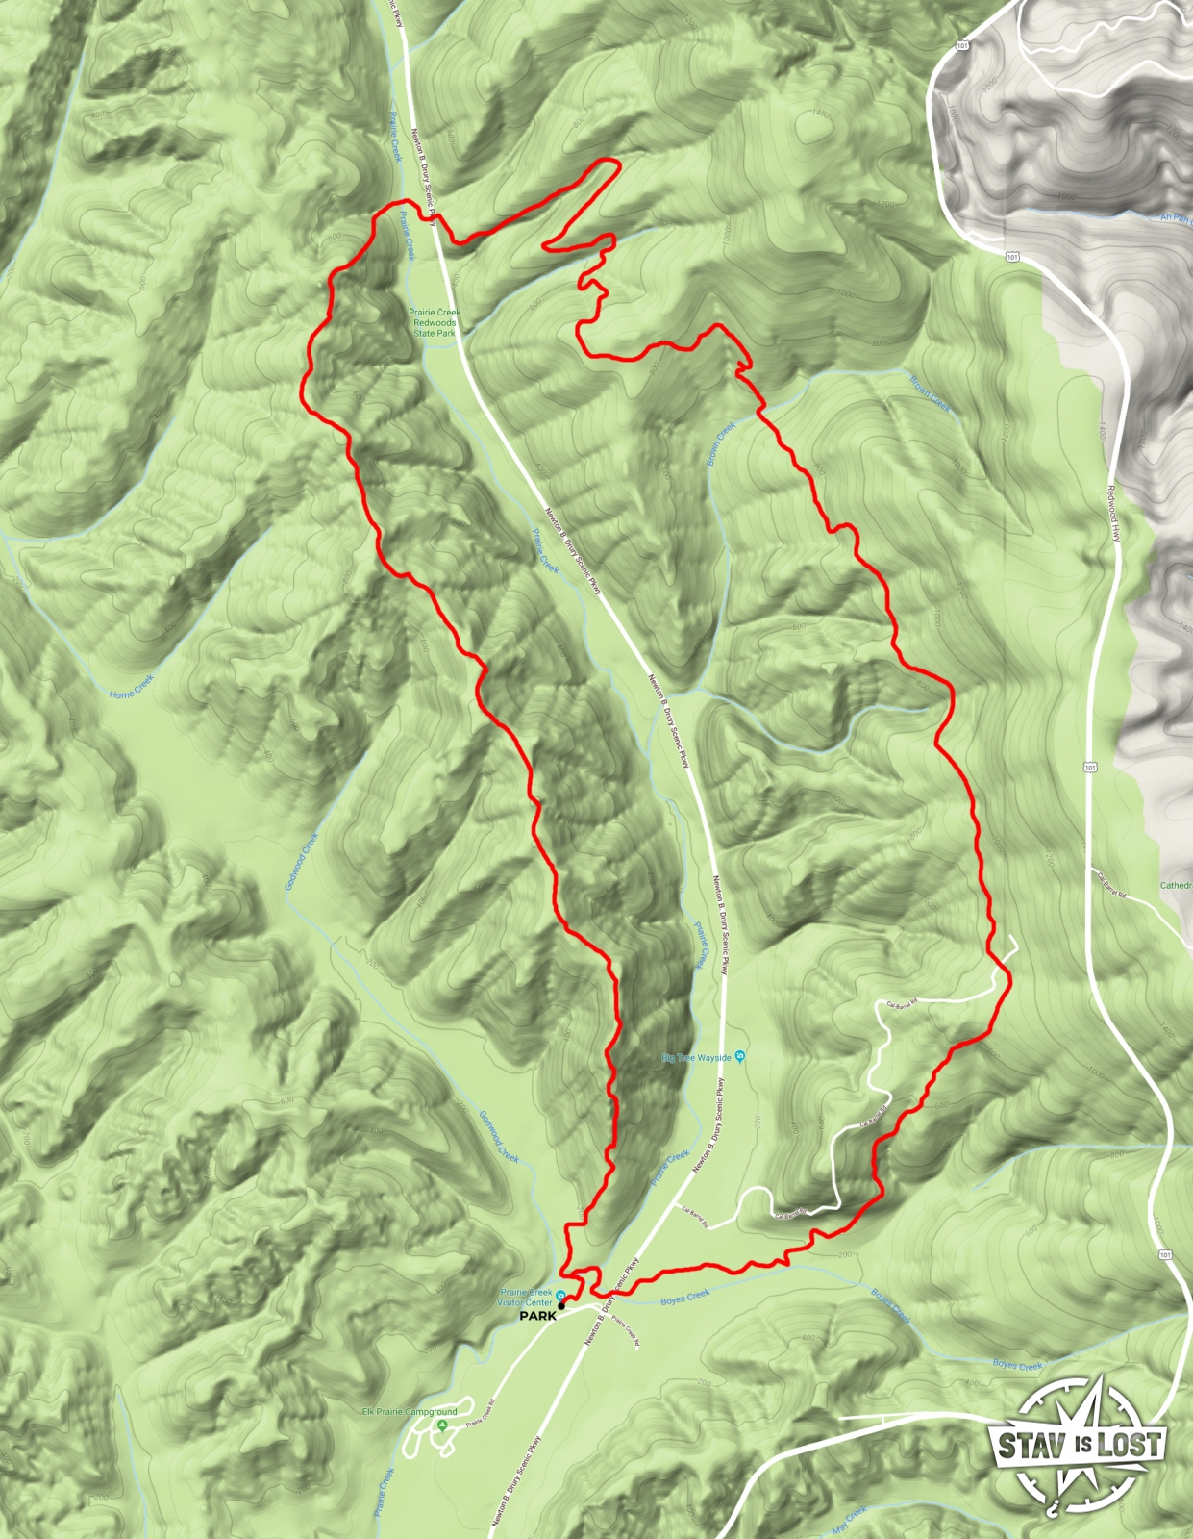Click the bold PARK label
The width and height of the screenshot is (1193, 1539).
[537, 1316]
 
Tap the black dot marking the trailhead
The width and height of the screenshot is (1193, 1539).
[561, 1306]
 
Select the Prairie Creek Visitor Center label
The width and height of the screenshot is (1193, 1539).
[525, 1297]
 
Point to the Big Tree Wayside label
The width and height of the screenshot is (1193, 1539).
[696, 1058]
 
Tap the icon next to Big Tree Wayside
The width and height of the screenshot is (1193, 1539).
[740, 1057]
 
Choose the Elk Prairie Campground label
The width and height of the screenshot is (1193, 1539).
[410, 1412]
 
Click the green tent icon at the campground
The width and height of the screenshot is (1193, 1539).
[442, 1424]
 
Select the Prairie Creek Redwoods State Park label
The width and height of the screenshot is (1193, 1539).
[435, 322]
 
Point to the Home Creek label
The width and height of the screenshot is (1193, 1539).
[132, 686]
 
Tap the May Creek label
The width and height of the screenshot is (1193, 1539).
[849, 1517]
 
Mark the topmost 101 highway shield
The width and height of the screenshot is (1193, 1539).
[961, 45]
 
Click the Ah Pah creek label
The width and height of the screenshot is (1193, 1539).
[1175, 218]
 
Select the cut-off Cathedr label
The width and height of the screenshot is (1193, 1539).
[1176, 885]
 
